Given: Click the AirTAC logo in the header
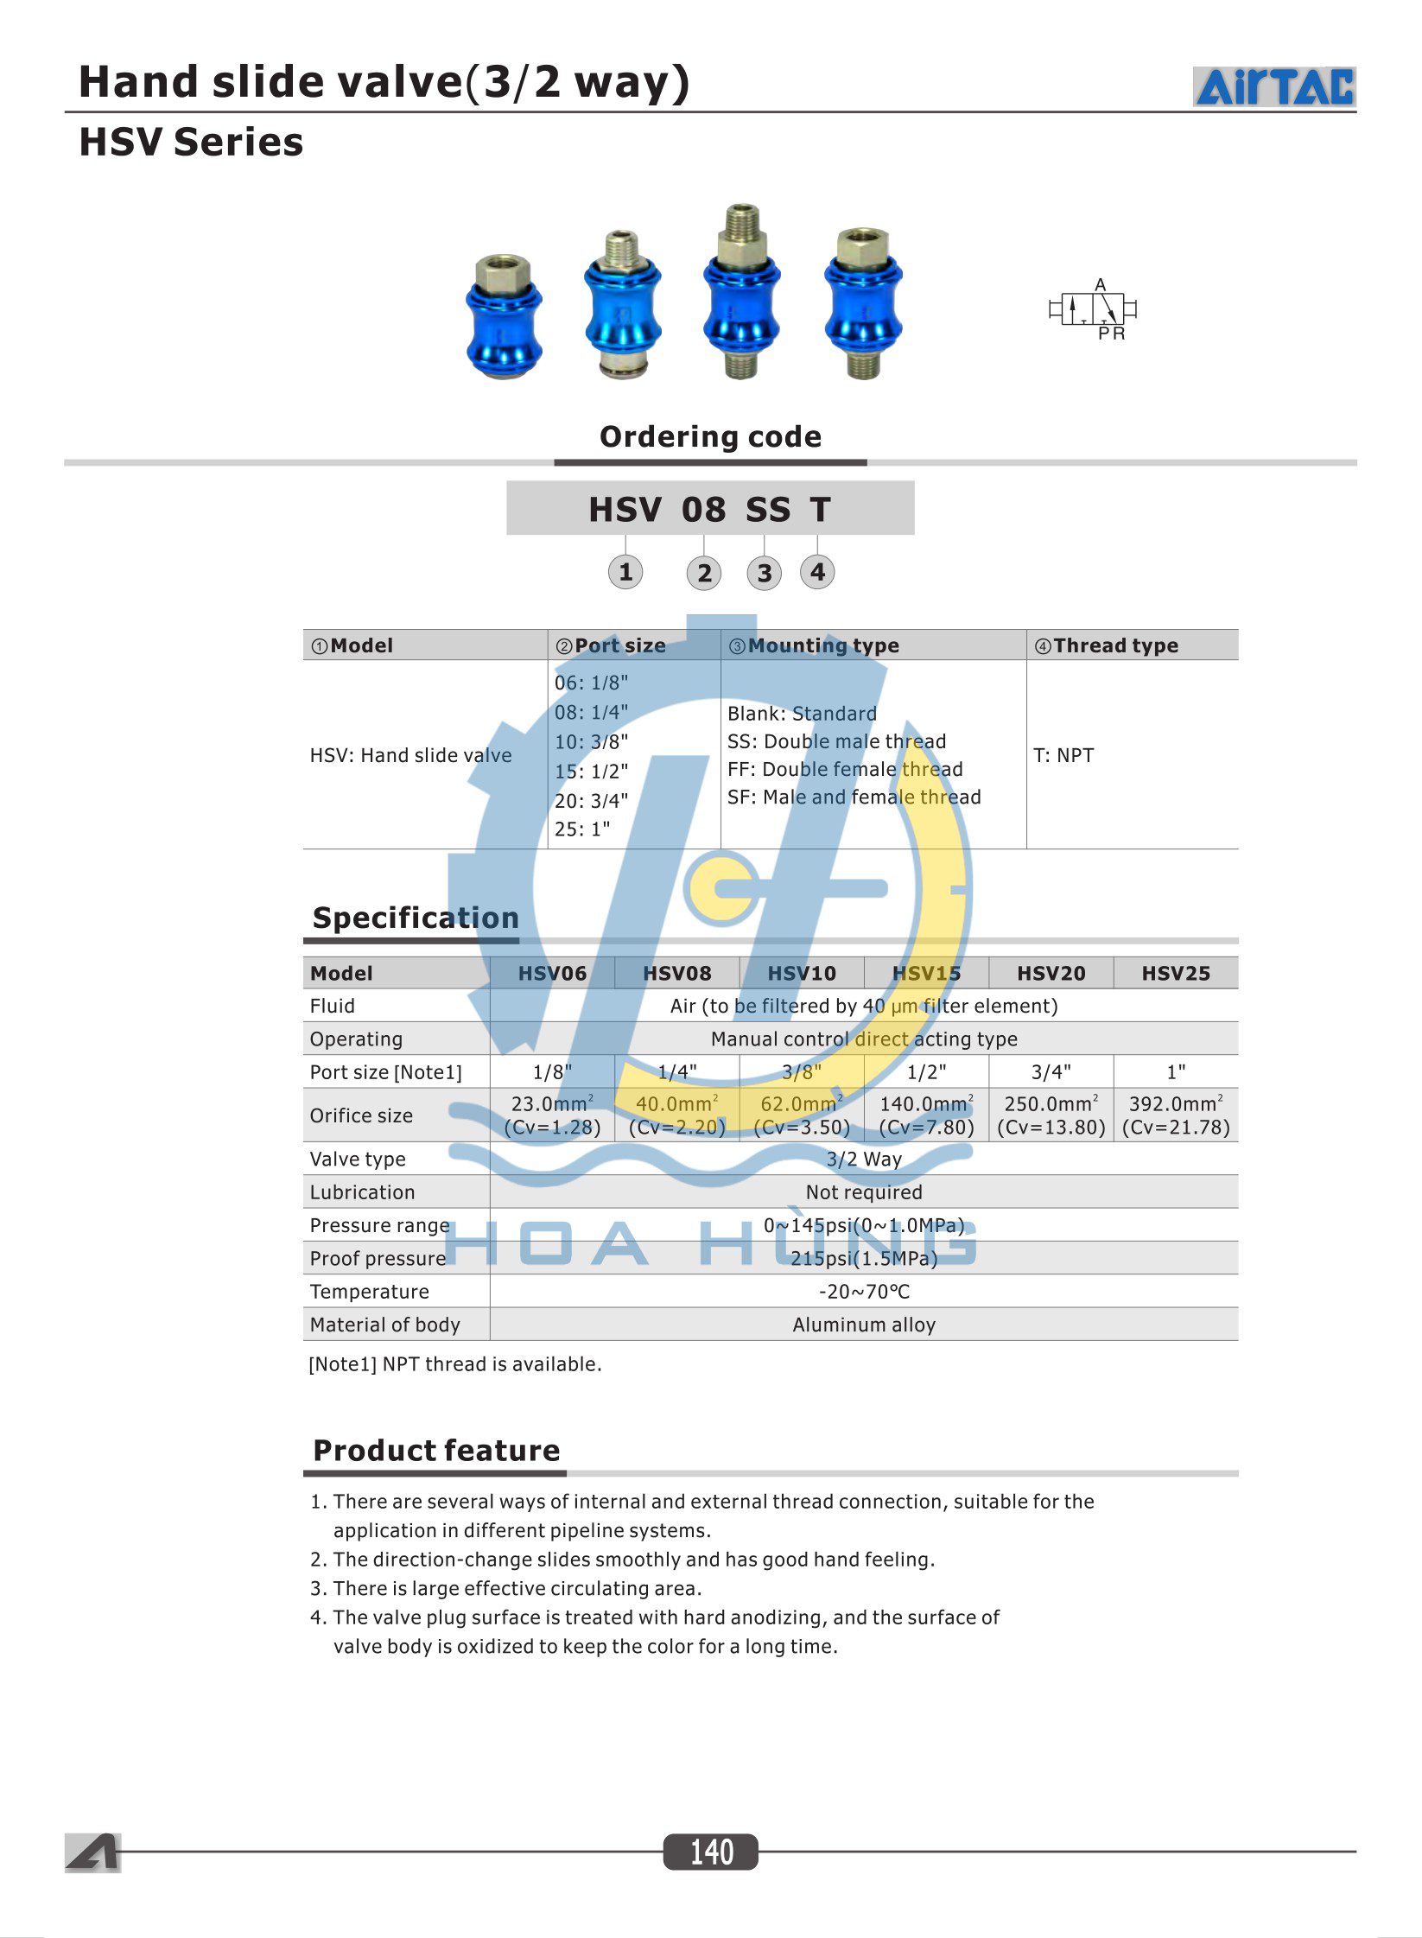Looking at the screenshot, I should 1274,87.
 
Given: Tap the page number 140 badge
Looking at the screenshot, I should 710,1852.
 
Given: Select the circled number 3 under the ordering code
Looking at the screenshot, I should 764,573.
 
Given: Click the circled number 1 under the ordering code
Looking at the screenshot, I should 625,572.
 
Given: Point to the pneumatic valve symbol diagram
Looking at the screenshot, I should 1093,309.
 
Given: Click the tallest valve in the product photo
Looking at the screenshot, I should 741,292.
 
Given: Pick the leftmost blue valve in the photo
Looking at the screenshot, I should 504,316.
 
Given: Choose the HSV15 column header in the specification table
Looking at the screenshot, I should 926,973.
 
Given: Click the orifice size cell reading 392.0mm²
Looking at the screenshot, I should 1176,1115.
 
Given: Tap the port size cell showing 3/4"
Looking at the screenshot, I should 1051,1072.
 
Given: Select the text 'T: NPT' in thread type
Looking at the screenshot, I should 1063,755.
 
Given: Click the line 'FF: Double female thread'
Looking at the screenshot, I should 845,769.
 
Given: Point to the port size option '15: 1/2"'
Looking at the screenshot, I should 591,771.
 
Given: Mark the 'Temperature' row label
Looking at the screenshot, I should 370,1292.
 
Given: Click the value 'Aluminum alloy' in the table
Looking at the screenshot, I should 864,1325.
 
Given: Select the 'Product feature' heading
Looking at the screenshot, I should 436,1450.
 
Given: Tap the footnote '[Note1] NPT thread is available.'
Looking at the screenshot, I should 455,1364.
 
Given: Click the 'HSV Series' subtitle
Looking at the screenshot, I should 191,143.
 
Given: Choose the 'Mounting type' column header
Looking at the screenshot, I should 822,645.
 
